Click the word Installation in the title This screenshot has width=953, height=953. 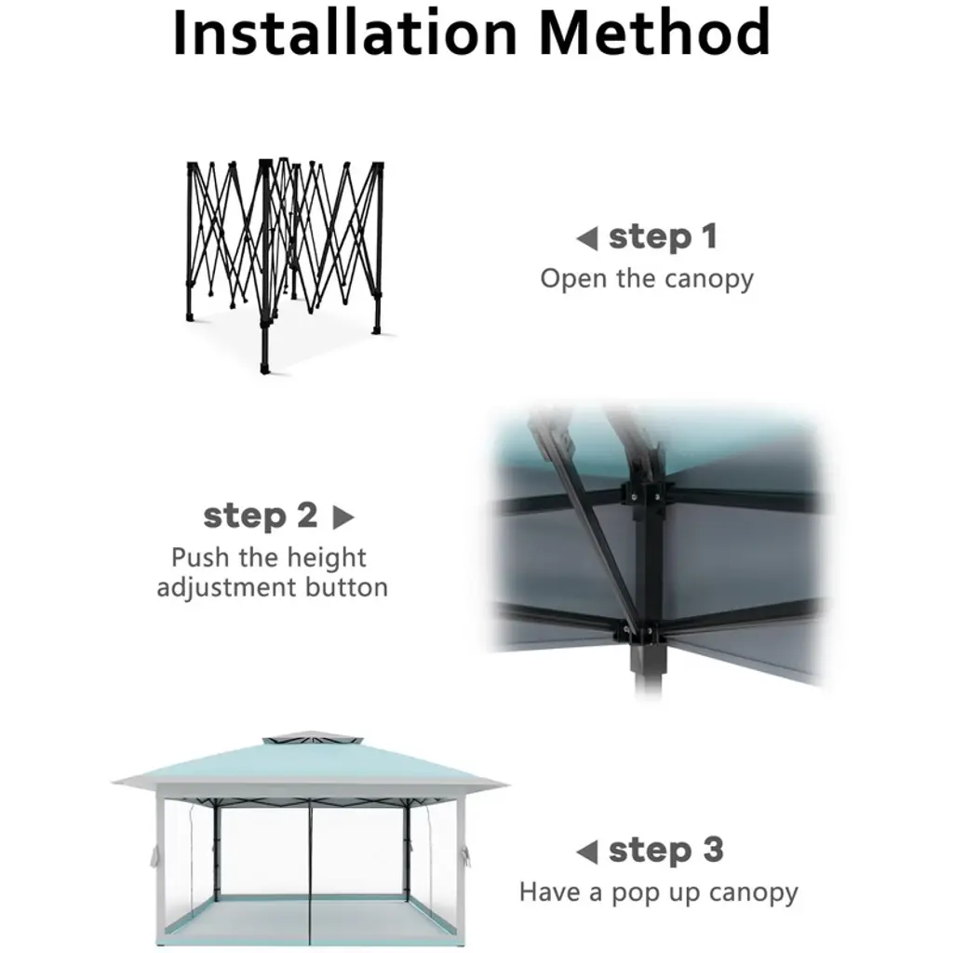[344, 33]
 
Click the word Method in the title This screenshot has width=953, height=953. [654, 33]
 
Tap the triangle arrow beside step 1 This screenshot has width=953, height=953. [587, 238]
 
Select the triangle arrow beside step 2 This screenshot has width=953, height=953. [343, 517]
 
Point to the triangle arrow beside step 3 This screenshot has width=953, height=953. [587, 852]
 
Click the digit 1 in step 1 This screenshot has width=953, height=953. [708, 236]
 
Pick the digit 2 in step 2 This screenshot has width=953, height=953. [307, 516]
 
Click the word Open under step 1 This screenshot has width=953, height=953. [573, 279]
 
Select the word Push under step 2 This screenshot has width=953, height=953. [201, 557]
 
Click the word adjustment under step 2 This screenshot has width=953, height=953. [227, 588]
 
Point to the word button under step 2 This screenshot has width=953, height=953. [346, 588]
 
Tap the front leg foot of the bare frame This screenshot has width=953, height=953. [264, 368]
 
